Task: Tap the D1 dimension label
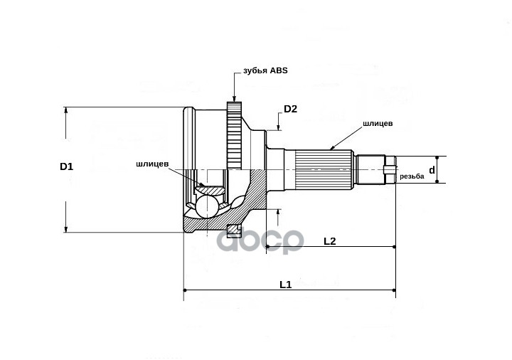click(66, 166)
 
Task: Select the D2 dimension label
click(290, 109)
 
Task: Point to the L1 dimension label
click(286, 284)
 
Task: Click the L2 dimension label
click(329, 240)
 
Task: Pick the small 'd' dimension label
click(432, 169)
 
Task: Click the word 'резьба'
click(412, 176)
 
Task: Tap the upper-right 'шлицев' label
click(378, 123)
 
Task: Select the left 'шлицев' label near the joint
click(152, 163)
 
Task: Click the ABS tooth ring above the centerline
click(235, 135)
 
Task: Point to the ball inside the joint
click(208, 206)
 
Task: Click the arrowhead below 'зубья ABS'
click(234, 100)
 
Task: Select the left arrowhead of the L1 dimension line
click(186, 290)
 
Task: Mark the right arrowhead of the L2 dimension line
click(393, 246)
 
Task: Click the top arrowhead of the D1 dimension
click(66, 110)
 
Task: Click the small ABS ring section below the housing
click(233, 229)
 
